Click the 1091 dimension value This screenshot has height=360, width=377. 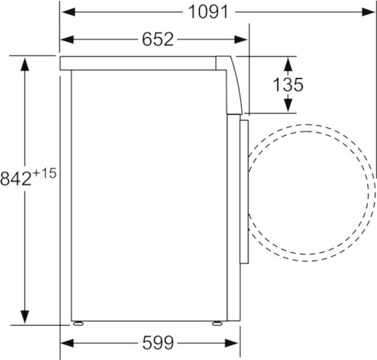[208, 12]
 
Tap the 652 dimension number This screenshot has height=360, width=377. [158, 39]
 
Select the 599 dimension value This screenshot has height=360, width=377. [158, 343]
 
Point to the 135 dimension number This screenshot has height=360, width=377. [288, 84]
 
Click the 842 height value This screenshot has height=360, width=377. [16, 178]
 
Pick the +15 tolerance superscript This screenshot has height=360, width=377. [44, 174]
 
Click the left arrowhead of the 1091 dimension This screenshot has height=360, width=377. [68, 12]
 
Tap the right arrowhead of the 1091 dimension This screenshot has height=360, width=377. [369, 12]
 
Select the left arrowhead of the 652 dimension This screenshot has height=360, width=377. [67, 39]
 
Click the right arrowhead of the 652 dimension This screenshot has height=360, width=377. [241, 39]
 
